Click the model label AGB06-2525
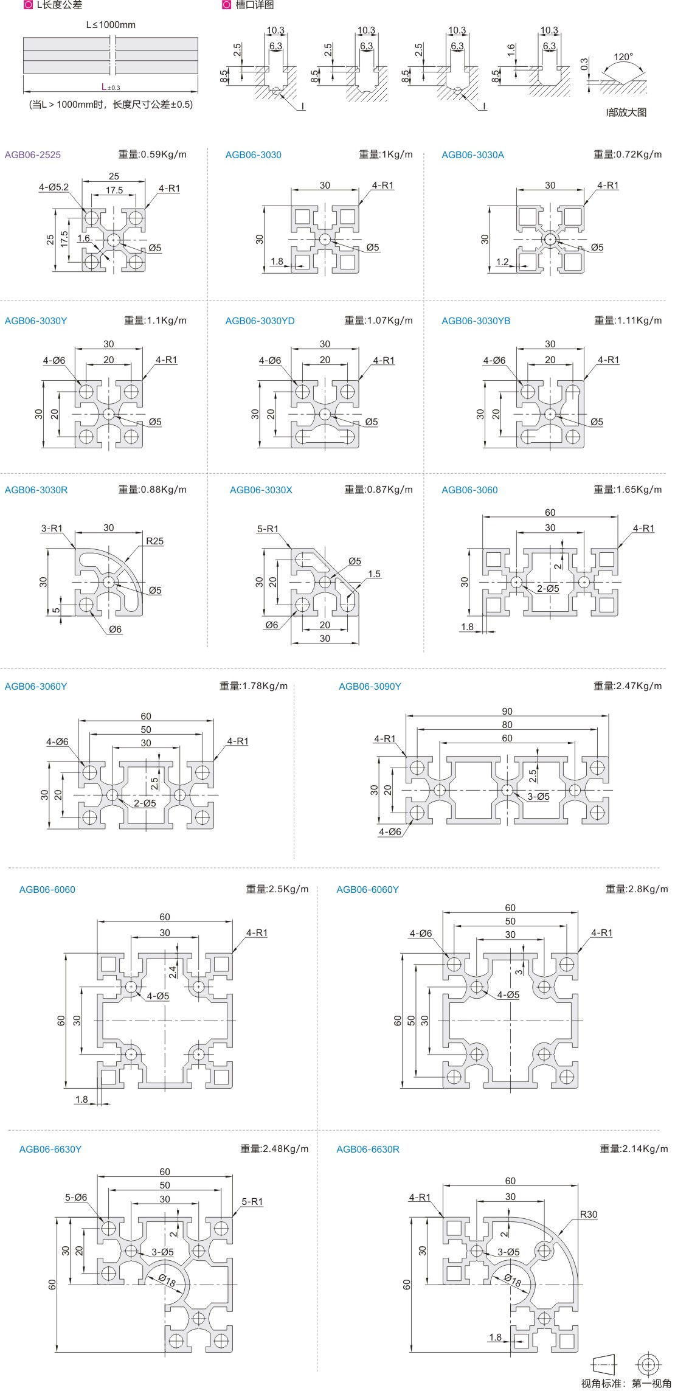coord(33,154)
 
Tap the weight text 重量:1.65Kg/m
coord(628,490)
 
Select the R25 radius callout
coord(154,541)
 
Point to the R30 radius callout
coord(588,1214)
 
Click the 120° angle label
coord(623,57)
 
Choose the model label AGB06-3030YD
coord(260,321)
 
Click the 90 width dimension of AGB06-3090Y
coord(507,711)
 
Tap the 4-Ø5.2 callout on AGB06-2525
coord(54,187)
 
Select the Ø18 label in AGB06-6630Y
coord(168,1281)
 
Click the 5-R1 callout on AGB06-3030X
coord(268,529)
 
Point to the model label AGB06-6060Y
coord(367,889)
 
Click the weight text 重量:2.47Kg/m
coord(628,686)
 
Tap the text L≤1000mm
coord(111,25)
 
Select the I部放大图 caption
coord(626,112)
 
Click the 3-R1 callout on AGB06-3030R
coord(52,528)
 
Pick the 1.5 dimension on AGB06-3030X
coord(374,574)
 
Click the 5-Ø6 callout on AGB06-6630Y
coord(76,1197)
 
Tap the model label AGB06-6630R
coord(367,1149)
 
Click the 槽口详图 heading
coord(254,5)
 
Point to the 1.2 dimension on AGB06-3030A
coord(502,262)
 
